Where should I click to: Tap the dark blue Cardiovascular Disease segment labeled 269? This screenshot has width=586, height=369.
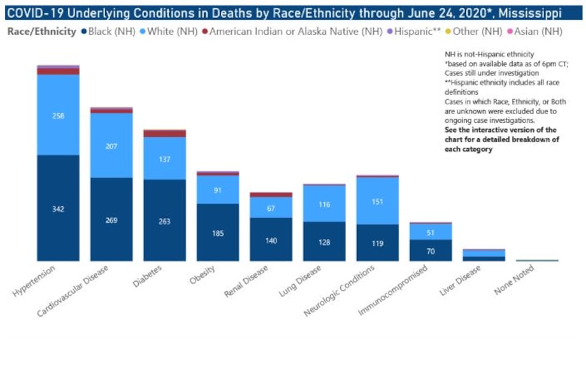pyautogui.click(x=111, y=219)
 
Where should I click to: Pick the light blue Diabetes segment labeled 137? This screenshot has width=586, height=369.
pyautogui.click(x=164, y=158)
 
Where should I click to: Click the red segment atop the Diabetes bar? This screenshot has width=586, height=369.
pyautogui.click(x=164, y=133)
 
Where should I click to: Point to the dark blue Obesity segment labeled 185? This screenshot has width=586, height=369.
pyautogui.click(x=218, y=232)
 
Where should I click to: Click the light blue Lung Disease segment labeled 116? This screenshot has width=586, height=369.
pyautogui.click(x=324, y=204)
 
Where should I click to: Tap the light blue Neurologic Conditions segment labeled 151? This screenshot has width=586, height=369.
pyautogui.click(x=377, y=201)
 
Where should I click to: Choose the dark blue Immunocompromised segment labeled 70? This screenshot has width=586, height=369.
pyautogui.click(x=431, y=250)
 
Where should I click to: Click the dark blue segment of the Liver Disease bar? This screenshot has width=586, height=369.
pyautogui.click(x=484, y=259)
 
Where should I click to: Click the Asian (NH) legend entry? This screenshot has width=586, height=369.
pyautogui.click(x=538, y=31)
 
